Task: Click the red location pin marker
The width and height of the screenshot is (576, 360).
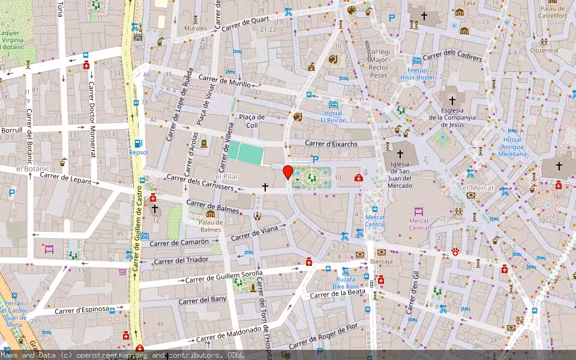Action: pos(288,172)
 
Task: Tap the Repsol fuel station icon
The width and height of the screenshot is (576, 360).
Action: pos(139,143)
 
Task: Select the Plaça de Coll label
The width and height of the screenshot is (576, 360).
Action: pos(252,121)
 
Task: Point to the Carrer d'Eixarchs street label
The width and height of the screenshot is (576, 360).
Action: pos(331,143)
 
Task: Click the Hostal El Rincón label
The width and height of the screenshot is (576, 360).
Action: pos(333,116)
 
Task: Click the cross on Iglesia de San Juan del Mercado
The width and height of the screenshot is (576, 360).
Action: pos(400,154)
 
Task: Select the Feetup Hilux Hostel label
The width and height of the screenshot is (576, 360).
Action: pos(416,73)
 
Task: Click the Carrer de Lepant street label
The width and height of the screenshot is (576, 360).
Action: pos(67,180)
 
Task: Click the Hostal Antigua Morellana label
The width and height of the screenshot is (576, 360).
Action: pos(512,146)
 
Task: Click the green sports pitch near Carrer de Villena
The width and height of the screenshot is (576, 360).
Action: pos(245,153)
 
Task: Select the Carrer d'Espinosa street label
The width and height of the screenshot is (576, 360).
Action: pos(82,310)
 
